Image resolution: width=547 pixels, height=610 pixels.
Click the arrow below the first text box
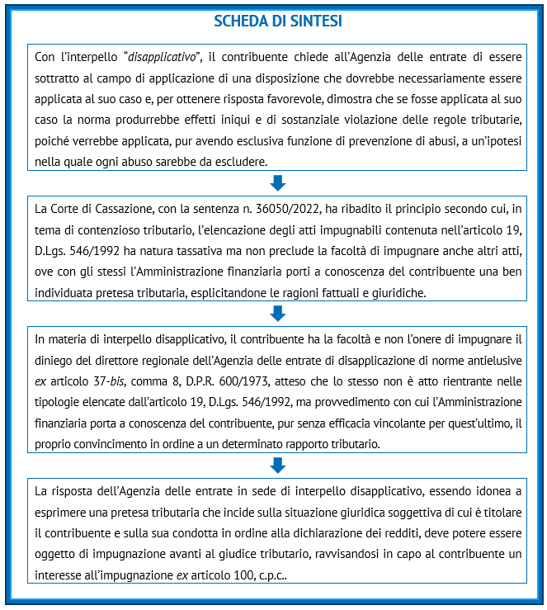(x=277, y=182)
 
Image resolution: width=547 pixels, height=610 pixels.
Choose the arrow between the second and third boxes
(x=277, y=312)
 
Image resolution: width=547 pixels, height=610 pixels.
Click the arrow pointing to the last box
(x=277, y=465)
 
